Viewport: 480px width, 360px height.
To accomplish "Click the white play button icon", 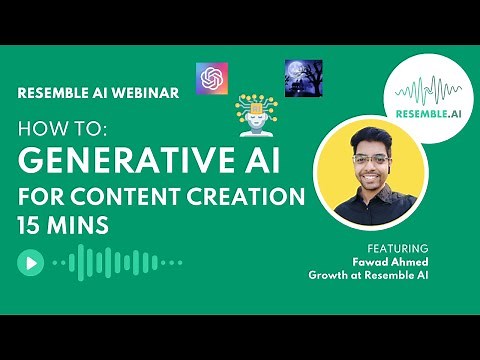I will click(30, 263).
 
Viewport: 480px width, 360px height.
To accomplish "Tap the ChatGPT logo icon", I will click(211, 78).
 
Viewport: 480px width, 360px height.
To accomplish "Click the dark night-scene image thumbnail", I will click(303, 77).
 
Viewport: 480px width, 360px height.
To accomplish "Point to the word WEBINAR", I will click(145, 92).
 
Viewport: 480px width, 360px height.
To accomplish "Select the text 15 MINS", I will click(62, 224).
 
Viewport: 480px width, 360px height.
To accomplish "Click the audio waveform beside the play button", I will click(115, 263).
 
